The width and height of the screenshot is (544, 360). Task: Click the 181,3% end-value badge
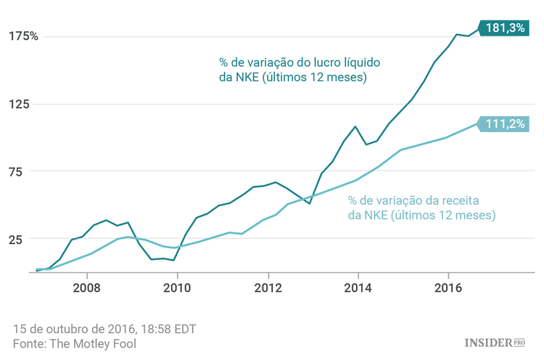[506, 28]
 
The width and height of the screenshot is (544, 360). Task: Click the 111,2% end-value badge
[505, 124]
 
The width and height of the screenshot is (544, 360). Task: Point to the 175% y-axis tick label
[23, 36]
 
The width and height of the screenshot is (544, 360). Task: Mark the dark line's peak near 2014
[355, 126]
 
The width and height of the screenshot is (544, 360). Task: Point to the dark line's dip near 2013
[310, 203]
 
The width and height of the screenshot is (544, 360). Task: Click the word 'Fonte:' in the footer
[30, 343]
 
